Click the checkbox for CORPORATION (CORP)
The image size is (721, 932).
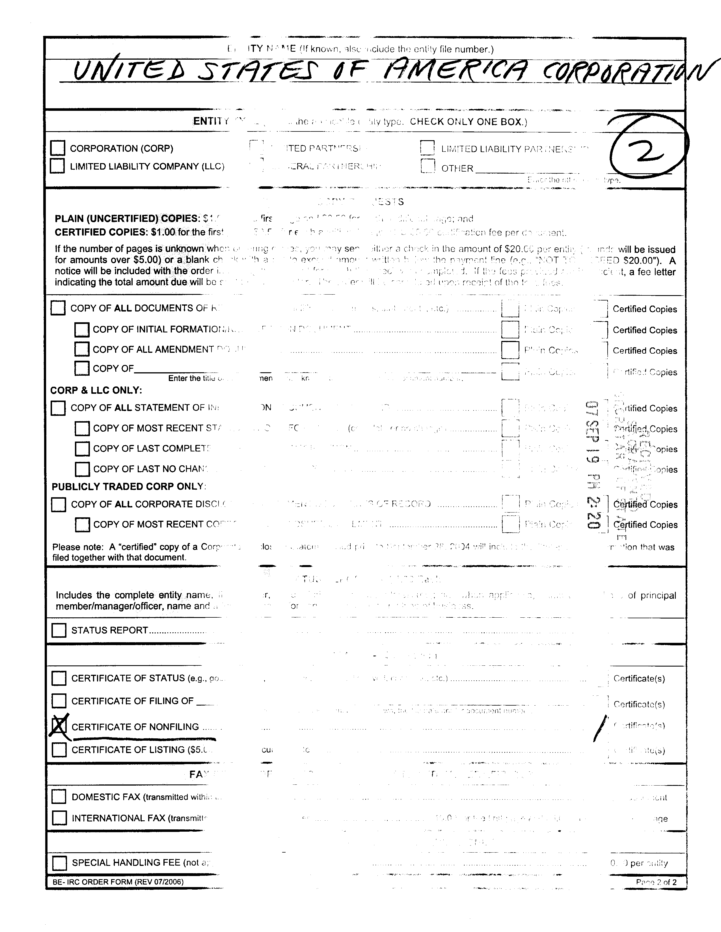tap(58, 148)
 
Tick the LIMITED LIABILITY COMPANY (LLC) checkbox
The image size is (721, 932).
tap(58, 166)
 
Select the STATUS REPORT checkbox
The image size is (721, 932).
tap(59, 630)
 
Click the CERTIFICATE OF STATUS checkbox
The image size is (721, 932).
tap(59, 678)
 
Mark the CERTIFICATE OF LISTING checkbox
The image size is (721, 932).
tap(59, 750)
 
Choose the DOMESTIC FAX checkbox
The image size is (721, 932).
tap(59, 797)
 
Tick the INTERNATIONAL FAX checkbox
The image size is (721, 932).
tap(59, 818)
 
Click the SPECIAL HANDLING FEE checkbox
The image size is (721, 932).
tap(59, 862)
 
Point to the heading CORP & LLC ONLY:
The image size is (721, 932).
tap(96, 390)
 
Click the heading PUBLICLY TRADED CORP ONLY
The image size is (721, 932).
tap(128, 486)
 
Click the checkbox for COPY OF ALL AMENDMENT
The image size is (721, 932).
tap(81, 349)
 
